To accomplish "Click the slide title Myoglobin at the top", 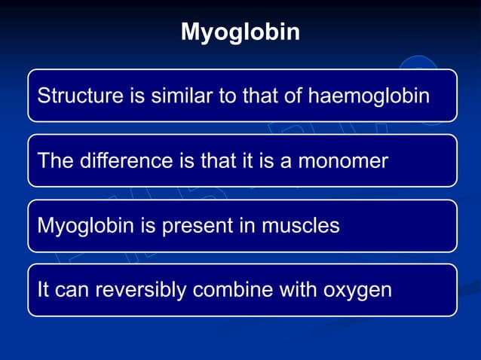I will [x=240, y=32].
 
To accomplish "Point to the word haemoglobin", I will [x=363, y=96].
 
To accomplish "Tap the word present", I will [x=185, y=226].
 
